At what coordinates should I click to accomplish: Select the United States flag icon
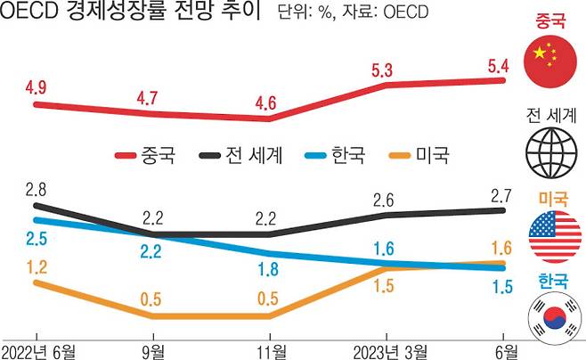point(553,237)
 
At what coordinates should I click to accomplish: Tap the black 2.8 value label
point(37,188)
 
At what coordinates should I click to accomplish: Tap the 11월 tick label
point(268,348)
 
